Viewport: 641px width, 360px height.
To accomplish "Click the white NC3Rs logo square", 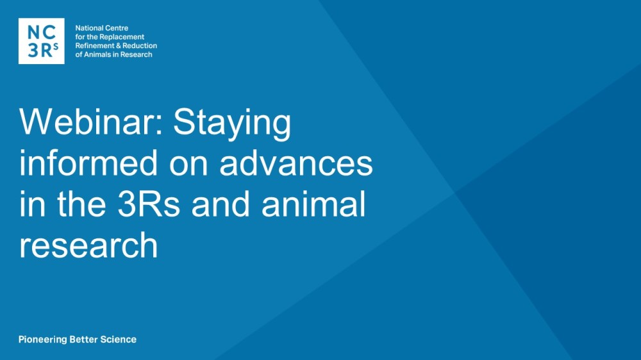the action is (41, 41).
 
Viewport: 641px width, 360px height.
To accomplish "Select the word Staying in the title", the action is (232, 124).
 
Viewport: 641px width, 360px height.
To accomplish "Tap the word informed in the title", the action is (88, 163).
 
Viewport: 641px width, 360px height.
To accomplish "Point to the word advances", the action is (296, 163).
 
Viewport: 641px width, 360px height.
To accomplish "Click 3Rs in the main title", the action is (149, 204).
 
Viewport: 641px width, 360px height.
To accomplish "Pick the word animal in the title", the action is (313, 204).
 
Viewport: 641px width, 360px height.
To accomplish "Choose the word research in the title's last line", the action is (88, 245).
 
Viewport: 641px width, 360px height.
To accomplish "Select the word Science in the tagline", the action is (119, 339).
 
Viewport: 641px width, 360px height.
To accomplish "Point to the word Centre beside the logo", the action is (117, 28).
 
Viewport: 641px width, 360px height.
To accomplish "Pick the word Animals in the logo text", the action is (97, 54).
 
